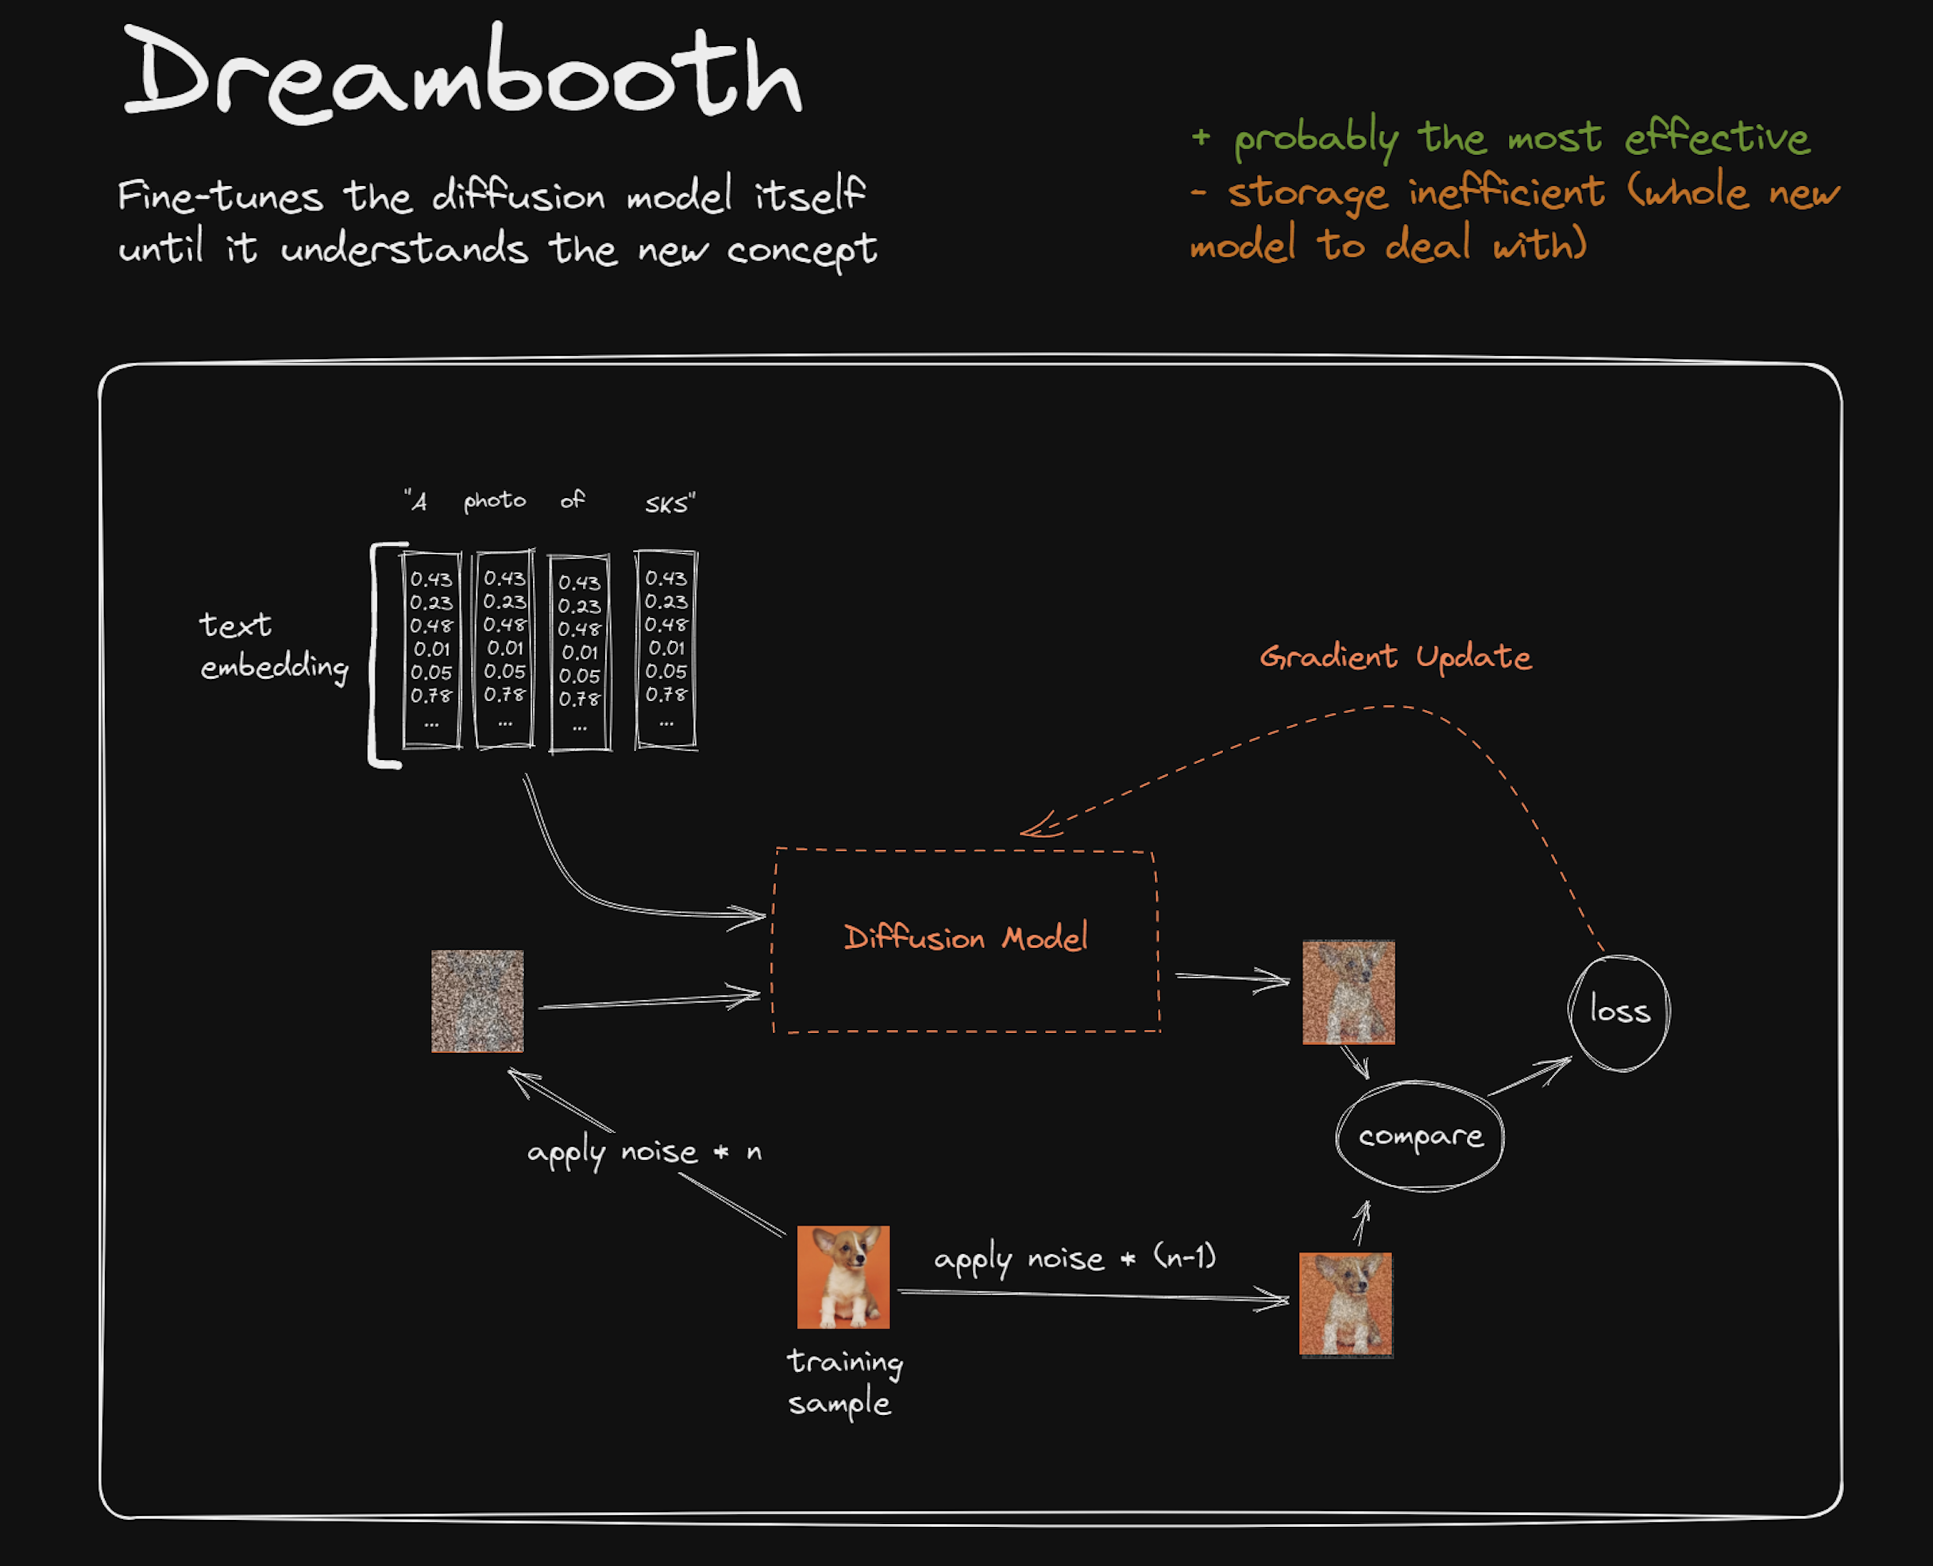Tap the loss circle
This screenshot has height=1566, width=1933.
pyautogui.click(x=1619, y=1012)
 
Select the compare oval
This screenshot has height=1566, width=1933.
pyautogui.click(x=1420, y=1136)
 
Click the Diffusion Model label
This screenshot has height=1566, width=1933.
pyautogui.click(x=965, y=938)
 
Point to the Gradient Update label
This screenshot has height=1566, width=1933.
pyautogui.click(x=1395, y=657)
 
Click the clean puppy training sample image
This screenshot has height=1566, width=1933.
pyautogui.click(x=843, y=1276)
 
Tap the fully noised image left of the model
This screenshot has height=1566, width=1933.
pyautogui.click(x=477, y=1001)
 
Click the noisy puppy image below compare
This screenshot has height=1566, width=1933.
pyautogui.click(x=1345, y=1305)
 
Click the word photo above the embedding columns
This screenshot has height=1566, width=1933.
pyautogui.click(x=494, y=500)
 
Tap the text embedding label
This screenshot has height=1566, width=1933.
pyautogui.click(x=273, y=646)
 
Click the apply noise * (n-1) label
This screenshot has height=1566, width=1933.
pyautogui.click(x=1075, y=1259)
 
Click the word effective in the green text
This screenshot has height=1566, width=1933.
pyautogui.click(x=1716, y=138)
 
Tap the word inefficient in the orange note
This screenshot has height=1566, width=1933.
pyautogui.click(x=1506, y=192)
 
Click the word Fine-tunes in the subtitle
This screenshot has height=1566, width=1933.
pyautogui.click(x=220, y=195)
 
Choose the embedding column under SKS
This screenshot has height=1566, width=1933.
pyautogui.click(x=666, y=650)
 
